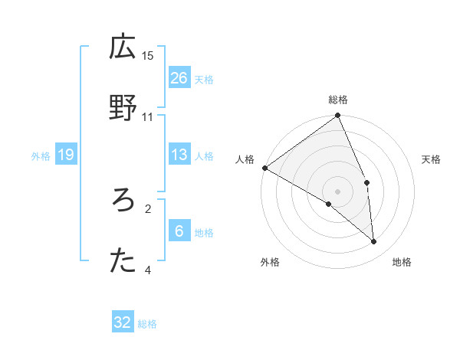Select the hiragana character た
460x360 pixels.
coord(123,261)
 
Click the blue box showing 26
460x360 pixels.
coord(179,78)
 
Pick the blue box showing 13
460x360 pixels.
coord(179,155)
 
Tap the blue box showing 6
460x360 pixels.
coord(179,231)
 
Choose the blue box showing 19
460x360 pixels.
coord(65,155)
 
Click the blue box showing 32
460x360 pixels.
coord(123,322)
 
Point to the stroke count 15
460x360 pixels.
coord(148,55)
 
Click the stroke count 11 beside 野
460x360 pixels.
coord(148,116)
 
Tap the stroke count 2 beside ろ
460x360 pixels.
coord(148,208)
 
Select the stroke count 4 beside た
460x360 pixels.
coord(148,270)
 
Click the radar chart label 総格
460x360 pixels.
coord(338,100)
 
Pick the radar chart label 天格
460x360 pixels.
coord(432,159)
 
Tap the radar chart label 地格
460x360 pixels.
coord(402,262)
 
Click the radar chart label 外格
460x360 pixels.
coord(270,262)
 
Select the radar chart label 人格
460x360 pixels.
coord(245,159)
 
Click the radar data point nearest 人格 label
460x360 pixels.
coord(264,168)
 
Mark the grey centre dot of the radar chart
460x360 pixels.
coord(338,191)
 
